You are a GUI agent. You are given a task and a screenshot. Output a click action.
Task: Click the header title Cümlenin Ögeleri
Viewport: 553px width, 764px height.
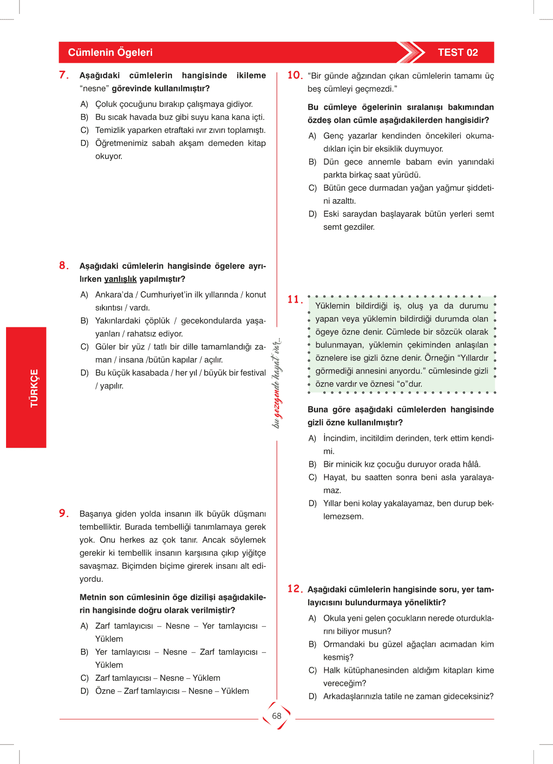[x=110, y=53]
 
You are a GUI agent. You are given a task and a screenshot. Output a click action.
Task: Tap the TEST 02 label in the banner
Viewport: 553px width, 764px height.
[x=458, y=53]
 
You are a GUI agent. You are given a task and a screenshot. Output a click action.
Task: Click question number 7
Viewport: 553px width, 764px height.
[x=64, y=75]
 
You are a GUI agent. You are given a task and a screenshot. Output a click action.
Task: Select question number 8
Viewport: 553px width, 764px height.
[x=64, y=266]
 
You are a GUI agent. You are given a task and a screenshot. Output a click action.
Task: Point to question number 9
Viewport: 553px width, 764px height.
[x=64, y=513]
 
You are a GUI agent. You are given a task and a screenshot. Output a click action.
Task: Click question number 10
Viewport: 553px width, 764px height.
[x=295, y=75]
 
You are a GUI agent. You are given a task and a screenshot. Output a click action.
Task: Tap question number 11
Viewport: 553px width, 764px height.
[x=295, y=299]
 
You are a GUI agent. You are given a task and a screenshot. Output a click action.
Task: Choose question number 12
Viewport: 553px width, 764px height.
[x=295, y=589]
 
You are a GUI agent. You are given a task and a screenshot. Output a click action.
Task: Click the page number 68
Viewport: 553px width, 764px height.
[x=277, y=716]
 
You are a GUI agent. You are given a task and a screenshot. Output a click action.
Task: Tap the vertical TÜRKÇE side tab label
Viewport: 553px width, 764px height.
[x=34, y=388]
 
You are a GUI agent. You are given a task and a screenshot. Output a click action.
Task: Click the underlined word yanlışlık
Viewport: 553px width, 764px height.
[x=120, y=279]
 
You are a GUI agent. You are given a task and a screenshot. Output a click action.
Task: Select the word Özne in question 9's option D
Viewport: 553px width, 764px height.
[x=105, y=691]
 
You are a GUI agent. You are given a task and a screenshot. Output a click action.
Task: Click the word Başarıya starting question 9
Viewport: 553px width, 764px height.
[x=95, y=514]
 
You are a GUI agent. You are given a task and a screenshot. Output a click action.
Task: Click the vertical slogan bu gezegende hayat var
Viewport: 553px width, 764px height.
[x=277, y=383]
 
